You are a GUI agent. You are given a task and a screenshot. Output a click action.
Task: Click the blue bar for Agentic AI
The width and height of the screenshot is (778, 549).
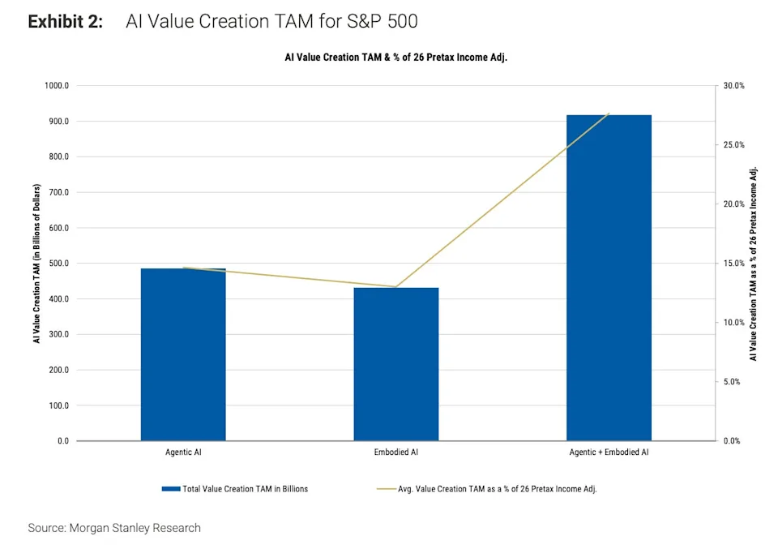coord(183,354)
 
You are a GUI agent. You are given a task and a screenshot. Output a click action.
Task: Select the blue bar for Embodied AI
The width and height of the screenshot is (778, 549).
coord(396,364)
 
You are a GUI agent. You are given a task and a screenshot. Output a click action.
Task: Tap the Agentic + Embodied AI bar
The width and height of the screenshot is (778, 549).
coord(609,278)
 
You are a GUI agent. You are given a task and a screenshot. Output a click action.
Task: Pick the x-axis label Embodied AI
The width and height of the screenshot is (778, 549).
coord(396,452)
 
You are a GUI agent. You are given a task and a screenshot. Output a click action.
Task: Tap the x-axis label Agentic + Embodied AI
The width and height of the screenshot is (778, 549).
coord(609,452)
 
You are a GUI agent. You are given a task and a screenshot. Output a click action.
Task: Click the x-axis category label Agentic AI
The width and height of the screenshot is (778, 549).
coord(183,452)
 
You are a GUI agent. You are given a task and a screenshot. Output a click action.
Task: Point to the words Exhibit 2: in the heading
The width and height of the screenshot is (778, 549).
coord(66,22)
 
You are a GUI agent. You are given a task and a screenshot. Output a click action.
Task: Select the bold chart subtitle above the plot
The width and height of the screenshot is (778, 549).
coord(395,58)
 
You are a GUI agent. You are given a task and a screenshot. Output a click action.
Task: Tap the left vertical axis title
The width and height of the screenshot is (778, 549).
coord(36,263)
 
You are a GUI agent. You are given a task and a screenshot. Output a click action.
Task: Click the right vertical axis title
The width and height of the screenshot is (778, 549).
coord(754,264)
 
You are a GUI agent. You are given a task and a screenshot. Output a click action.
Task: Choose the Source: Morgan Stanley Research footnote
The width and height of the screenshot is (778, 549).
coord(114,528)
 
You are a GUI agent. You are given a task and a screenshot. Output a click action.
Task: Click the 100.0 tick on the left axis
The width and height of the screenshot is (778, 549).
coord(60,405)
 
